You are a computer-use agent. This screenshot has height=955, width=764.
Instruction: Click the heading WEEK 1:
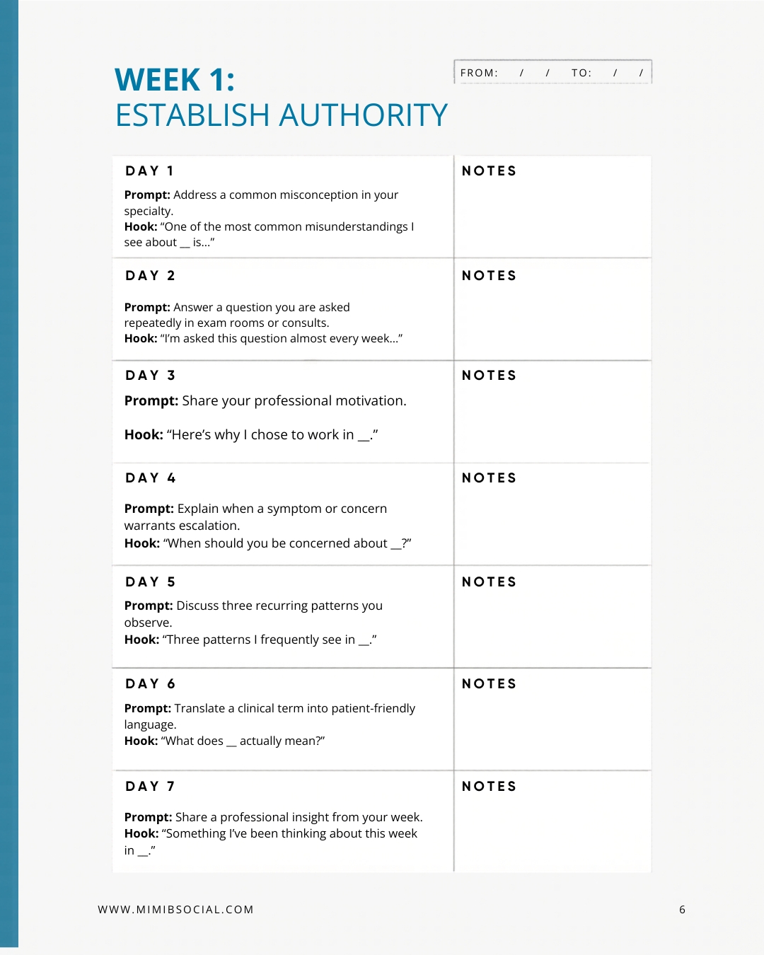tap(175, 80)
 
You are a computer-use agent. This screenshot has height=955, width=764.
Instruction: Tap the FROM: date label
tap(479, 73)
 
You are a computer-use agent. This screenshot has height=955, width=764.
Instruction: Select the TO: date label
tap(581, 73)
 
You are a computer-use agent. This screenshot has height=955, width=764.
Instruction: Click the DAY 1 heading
tap(149, 171)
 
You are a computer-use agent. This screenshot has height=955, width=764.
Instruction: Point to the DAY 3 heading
tap(150, 376)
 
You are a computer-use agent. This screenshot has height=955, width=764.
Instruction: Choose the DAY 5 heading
tap(150, 582)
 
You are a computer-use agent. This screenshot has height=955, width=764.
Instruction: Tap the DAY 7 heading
tap(150, 787)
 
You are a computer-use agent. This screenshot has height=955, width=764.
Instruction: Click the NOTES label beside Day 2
tap(489, 276)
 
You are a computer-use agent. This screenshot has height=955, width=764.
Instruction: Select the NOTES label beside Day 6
tap(489, 684)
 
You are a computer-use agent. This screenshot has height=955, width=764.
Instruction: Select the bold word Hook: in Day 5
tap(141, 639)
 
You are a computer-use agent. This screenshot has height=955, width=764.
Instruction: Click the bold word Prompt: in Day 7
tap(148, 817)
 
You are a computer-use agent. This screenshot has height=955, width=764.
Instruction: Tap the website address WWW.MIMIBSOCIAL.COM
tap(175, 910)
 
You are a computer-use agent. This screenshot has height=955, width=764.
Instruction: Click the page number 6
tap(682, 910)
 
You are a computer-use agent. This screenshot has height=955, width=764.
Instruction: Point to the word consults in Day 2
tap(305, 323)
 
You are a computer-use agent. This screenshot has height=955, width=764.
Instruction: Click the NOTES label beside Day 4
tap(489, 478)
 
